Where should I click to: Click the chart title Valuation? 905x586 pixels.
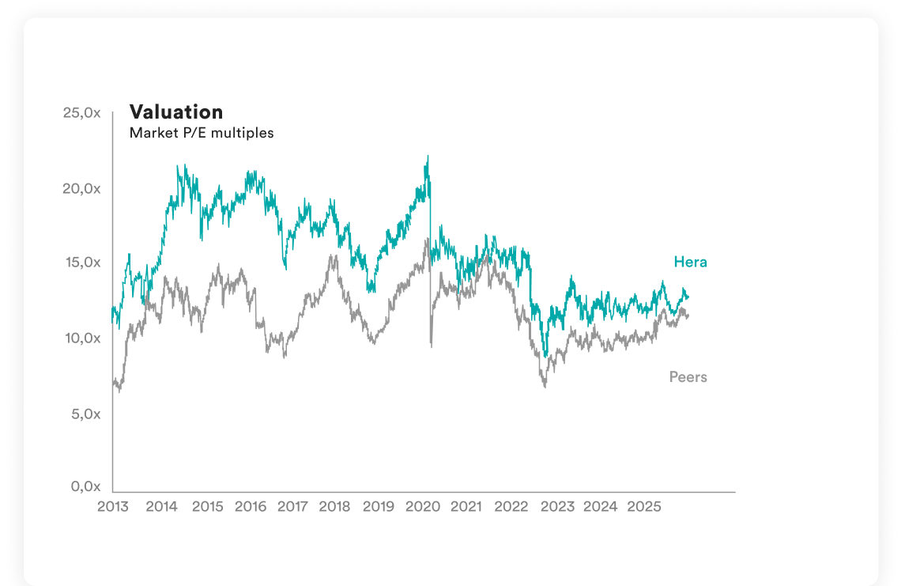(176, 112)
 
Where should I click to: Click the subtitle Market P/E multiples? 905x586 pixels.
(202, 133)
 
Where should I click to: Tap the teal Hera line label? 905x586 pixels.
(690, 262)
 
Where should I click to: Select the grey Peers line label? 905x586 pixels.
(688, 377)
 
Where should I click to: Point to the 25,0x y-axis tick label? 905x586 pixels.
(82, 113)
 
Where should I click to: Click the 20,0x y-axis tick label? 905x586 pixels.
(82, 188)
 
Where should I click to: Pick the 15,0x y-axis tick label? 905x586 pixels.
(82, 263)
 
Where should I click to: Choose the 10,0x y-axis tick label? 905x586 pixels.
(82, 338)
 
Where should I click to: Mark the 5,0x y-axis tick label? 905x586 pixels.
(85, 414)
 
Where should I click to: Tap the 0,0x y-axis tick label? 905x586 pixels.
(85, 486)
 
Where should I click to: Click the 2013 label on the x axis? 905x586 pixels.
(113, 506)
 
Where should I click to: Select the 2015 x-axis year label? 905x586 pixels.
(207, 506)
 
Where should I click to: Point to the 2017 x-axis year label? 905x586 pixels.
(292, 506)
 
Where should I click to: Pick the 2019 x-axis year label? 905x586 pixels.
(379, 506)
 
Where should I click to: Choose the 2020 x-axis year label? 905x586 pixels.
(422, 506)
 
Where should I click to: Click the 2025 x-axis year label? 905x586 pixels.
(643, 506)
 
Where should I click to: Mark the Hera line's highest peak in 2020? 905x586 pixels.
(428, 157)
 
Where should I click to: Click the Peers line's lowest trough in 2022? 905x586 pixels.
(545, 387)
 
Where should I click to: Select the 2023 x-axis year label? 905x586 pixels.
(557, 506)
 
